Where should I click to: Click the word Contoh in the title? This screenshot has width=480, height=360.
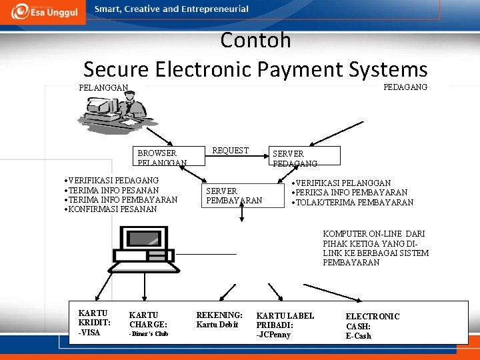[x=255, y=40]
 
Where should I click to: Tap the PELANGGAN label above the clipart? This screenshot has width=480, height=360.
[x=103, y=87]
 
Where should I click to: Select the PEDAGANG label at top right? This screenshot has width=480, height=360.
[x=405, y=87]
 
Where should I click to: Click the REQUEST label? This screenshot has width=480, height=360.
[x=230, y=151]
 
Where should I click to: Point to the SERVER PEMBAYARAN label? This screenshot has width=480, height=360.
[x=234, y=195]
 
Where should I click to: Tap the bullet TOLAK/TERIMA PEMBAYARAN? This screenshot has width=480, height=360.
[x=353, y=203]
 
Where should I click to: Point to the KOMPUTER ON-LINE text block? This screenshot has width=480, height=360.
[x=375, y=248]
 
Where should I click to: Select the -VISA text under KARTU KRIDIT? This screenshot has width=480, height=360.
[x=89, y=333]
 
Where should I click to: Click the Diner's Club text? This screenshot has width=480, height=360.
[x=149, y=333]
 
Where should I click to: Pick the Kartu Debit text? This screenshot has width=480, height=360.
[x=217, y=325]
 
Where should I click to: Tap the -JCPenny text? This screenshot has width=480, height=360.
[x=273, y=334]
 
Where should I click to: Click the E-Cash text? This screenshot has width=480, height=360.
[x=358, y=335]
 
